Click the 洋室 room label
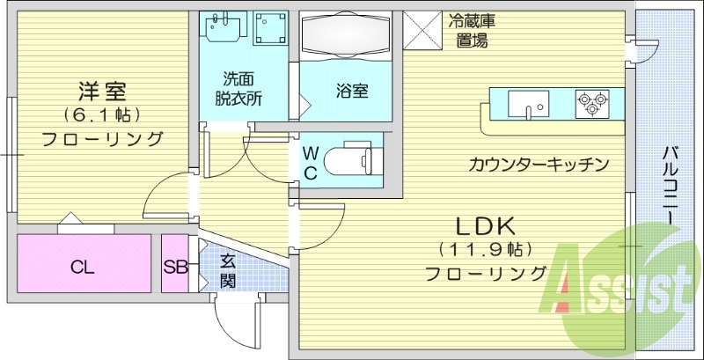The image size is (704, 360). (x=102, y=90)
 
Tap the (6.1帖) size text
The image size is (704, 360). (x=102, y=114)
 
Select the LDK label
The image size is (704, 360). (x=484, y=225)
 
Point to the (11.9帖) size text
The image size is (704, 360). (x=485, y=249)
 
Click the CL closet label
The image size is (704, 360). (x=83, y=268)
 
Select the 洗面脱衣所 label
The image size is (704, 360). (x=240, y=87)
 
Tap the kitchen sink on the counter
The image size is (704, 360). (x=531, y=104)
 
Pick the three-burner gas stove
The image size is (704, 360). (x=592, y=104)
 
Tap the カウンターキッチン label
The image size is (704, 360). (x=539, y=164)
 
